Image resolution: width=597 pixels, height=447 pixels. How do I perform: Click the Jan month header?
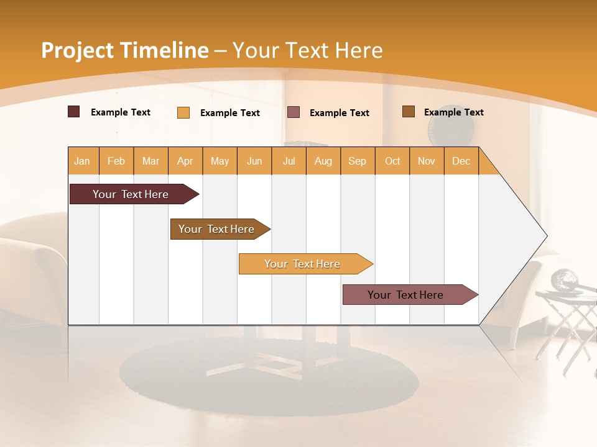click(82, 161)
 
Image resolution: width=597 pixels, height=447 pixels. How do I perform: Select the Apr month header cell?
click(185, 161)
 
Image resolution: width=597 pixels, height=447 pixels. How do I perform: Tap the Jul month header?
click(289, 161)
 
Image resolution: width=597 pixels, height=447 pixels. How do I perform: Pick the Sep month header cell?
click(357, 161)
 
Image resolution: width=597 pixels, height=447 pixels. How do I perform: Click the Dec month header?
click(461, 161)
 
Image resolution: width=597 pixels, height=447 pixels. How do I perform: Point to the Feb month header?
click(116, 161)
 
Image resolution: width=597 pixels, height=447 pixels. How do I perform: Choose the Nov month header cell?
click(427, 161)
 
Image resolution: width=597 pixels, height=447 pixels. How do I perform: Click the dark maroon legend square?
click(73, 112)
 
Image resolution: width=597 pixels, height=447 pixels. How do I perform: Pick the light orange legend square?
click(183, 112)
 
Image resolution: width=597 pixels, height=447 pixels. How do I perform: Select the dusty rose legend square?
click(294, 112)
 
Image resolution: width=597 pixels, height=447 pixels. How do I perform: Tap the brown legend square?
click(408, 112)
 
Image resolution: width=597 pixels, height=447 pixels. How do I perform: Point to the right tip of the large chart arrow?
click(546, 236)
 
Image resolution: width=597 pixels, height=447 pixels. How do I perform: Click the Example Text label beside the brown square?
click(453, 112)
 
